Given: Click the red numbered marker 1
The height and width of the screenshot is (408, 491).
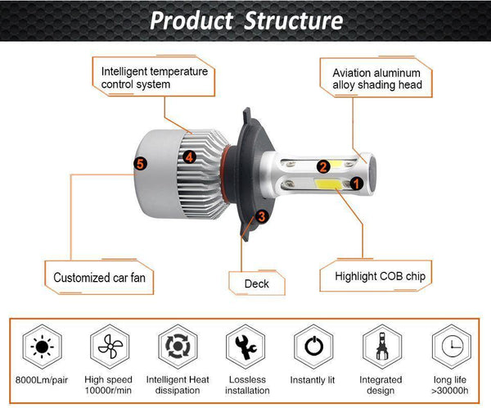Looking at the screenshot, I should tap(357, 184).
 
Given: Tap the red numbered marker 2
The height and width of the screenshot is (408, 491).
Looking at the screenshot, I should tap(323, 167).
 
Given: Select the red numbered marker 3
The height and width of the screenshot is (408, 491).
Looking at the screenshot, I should tap(261, 216).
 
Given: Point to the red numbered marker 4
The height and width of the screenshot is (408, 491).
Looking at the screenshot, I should tap(189, 156).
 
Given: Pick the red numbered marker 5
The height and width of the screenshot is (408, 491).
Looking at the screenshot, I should tap(140, 164).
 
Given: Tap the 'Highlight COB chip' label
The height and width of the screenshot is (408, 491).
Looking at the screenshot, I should tap(381, 276).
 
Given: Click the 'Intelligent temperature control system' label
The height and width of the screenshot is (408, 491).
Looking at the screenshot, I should tap(154, 78).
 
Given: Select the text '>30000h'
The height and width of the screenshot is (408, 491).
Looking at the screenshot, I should tap(449, 392).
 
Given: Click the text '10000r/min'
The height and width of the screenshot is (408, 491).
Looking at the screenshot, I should tap(107, 392).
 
